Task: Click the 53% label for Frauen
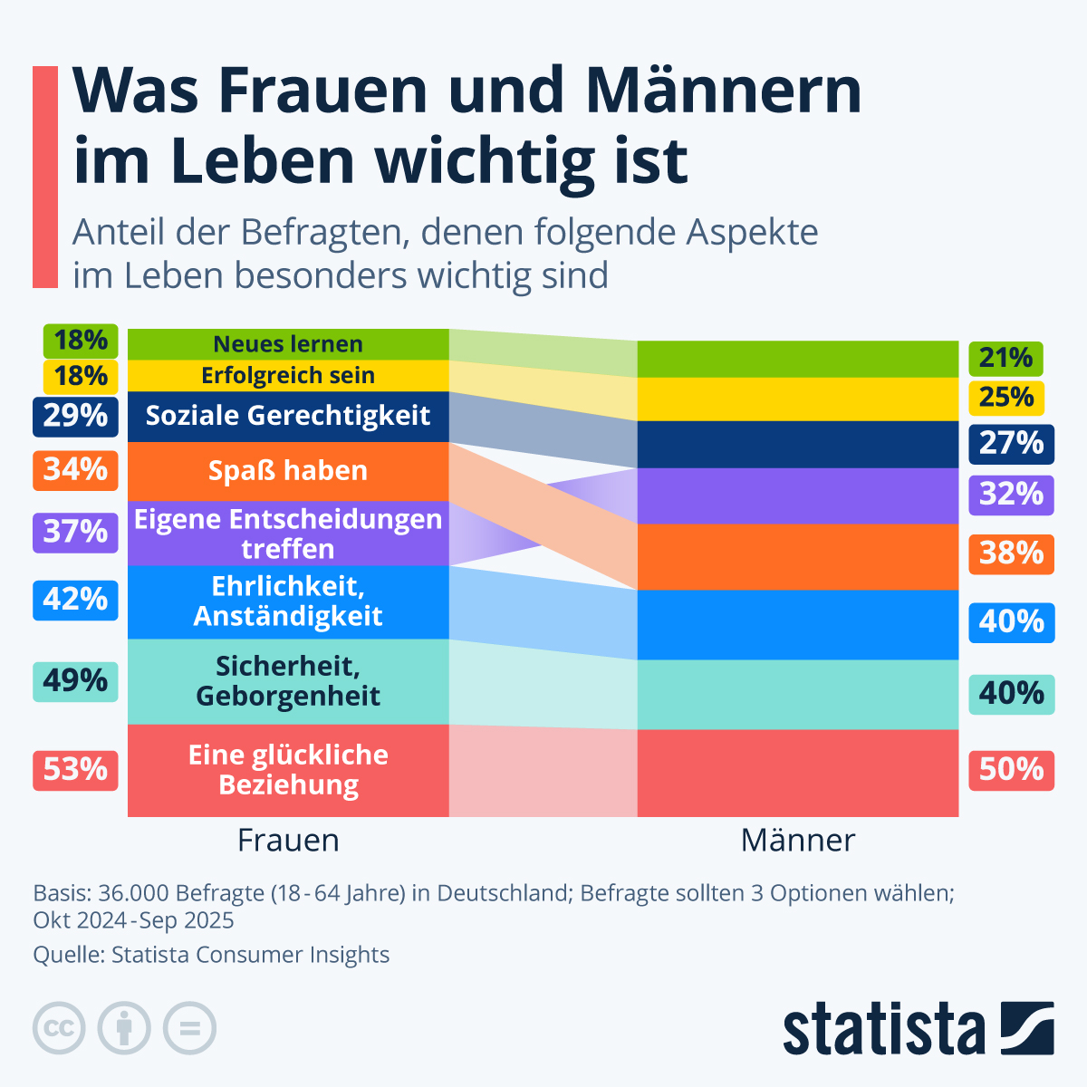(x=75, y=770)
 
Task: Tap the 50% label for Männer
(x=1011, y=770)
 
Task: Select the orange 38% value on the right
(x=1011, y=553)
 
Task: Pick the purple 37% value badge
(x=75, y=532)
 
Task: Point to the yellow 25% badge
(x=1006, y=398)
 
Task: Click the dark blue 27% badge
(x=1011, y=444)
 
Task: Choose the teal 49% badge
(x=75, y=680)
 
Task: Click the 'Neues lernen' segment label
(x=288, y=344)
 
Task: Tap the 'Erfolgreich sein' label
(x=288, y=375)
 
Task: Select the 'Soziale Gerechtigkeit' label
(x=288, y=416)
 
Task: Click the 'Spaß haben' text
(x=288, y=471)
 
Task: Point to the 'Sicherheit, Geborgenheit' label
(x=288, y=681)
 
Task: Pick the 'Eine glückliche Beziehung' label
(x=288, y=770)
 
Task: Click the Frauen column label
(x=288, y=841)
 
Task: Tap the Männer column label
(x=797, y=841)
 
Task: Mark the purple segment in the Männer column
(x=797, y=495)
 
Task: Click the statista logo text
(x=884, y=1029)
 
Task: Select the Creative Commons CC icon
(x=59, y=1028)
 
